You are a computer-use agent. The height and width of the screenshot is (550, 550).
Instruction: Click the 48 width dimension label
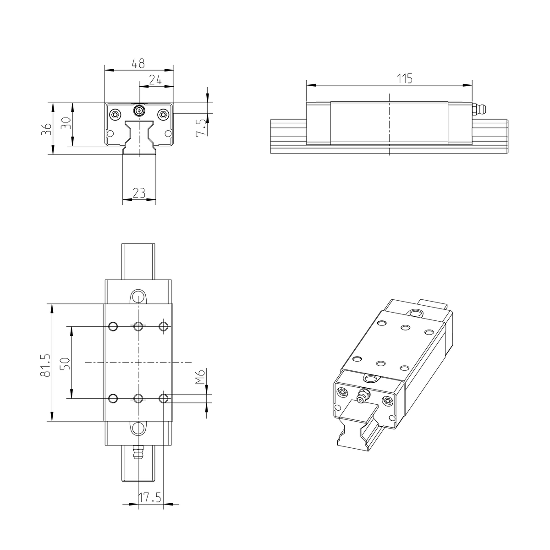(138, 63)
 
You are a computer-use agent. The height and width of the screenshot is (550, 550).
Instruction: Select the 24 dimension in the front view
(156, 80)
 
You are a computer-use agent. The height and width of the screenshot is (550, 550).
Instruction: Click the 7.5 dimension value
(200, 127)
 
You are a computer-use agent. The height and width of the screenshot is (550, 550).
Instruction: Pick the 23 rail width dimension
(139, 193)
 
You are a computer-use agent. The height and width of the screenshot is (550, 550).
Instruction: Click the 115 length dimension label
(405, 78)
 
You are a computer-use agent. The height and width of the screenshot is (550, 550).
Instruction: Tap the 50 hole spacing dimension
(65, 364)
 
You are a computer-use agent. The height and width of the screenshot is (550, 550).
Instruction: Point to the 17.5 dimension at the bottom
(150, 498)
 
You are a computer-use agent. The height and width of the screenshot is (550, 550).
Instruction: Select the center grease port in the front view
(138, 110)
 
